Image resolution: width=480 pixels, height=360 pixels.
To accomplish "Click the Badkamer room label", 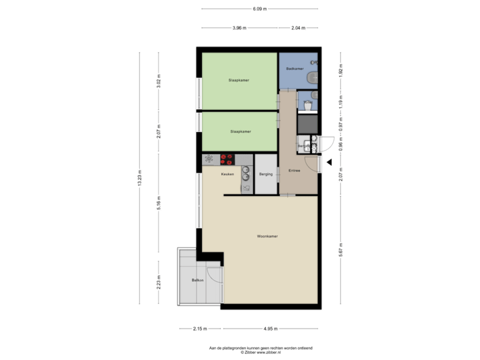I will point(295,69).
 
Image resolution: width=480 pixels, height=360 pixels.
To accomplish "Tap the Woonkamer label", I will point(267,236).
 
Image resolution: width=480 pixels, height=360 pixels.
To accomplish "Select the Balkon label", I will point(197,280).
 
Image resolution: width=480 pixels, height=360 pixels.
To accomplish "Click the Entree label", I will point(294,171).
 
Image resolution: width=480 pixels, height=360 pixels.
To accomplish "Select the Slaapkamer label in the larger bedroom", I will point(239,80).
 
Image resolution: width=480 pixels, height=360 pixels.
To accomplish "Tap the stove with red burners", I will point(227,159).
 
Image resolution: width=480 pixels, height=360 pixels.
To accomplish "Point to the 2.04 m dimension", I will point(299,28).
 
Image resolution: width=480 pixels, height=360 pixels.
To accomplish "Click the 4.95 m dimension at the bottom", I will point(270,329).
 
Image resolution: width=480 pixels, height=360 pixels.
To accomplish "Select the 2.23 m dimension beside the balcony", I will point(158,280).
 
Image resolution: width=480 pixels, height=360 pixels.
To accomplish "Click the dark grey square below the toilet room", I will point(307,124).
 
